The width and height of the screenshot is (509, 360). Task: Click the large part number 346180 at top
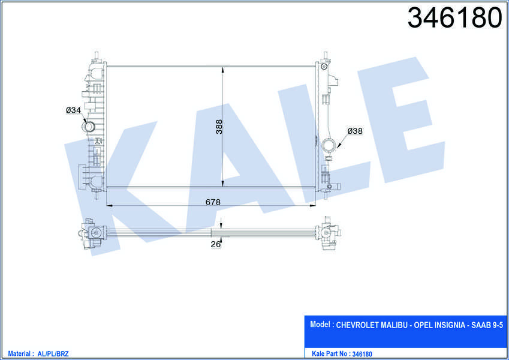[454, 18]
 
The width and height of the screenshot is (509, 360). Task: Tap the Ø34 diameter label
[73, 110]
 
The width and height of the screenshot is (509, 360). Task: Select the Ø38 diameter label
[355, 131]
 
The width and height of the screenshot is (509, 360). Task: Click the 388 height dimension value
[219, 127]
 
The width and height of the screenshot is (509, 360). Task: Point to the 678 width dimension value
[213, 202]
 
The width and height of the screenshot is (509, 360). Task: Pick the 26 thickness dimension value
[216, 244]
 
